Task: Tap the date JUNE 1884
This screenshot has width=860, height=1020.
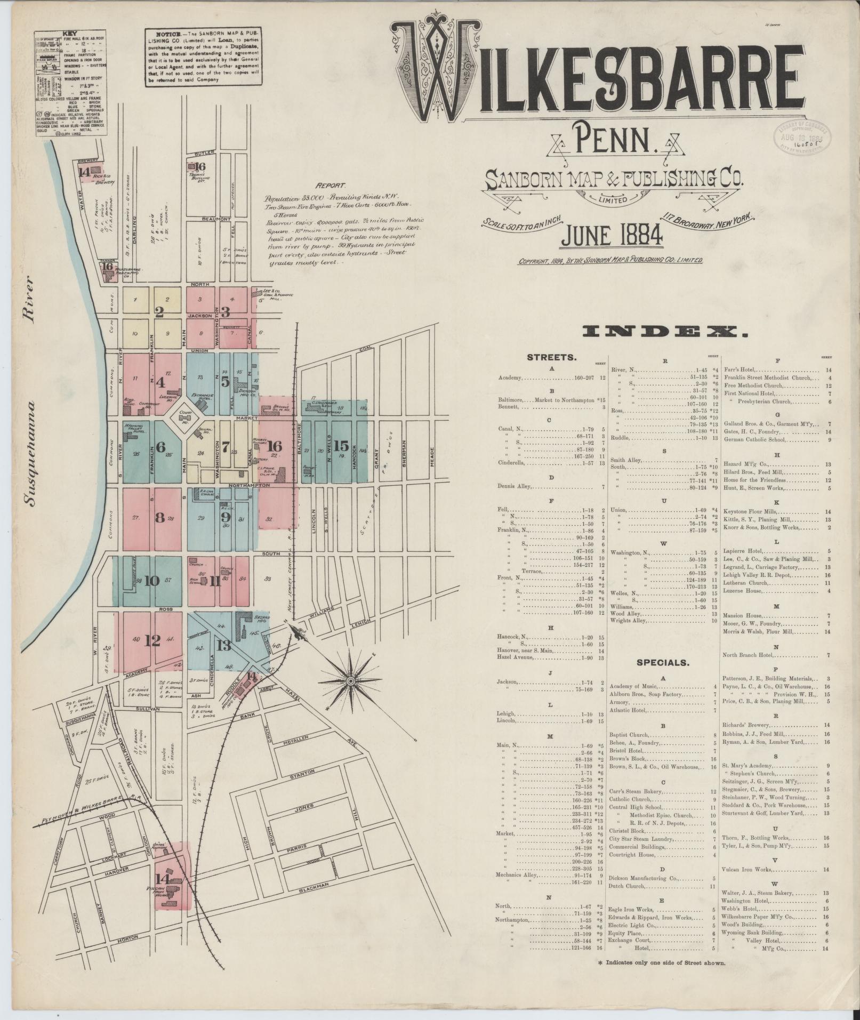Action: click(611, 235)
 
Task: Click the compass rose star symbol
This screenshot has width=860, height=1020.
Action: click(351, 681)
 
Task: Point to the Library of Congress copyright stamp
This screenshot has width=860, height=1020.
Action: click(798, 135)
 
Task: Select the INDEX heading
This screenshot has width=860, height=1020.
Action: click(664, 333)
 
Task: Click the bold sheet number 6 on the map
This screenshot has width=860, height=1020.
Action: click(160, 447)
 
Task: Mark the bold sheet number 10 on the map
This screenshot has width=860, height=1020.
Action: click(152, 580)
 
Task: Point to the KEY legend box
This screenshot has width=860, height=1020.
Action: click(69, 84)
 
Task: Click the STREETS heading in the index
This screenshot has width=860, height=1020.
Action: click(551, 357)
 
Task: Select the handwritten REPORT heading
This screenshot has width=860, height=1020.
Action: click(331, 186)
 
